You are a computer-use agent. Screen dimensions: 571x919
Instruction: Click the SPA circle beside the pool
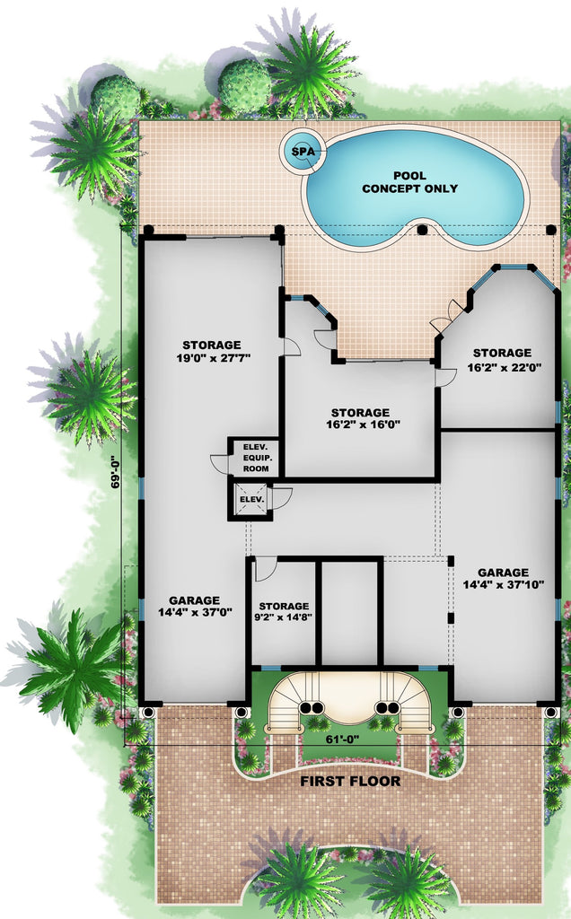303,151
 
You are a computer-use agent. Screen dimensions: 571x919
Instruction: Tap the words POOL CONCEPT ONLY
409,182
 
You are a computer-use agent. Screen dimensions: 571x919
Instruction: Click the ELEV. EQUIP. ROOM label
256,458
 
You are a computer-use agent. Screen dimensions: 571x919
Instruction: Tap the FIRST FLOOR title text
350,782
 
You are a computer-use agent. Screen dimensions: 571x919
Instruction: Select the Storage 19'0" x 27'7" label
212,352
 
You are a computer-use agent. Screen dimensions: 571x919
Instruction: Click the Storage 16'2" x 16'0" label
360,418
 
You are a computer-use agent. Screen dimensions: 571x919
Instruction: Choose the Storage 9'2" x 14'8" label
284,611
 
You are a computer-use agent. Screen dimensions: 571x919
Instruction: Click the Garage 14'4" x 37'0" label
195,606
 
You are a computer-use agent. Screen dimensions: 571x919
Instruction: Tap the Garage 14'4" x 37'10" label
503,579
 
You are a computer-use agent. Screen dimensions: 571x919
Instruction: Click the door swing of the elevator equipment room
219,463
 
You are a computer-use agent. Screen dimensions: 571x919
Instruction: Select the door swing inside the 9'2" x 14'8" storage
265,568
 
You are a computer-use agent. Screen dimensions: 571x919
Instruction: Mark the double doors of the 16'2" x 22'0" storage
449,317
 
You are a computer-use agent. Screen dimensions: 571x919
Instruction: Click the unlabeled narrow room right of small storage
350,613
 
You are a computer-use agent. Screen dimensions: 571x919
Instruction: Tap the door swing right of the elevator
281,498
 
